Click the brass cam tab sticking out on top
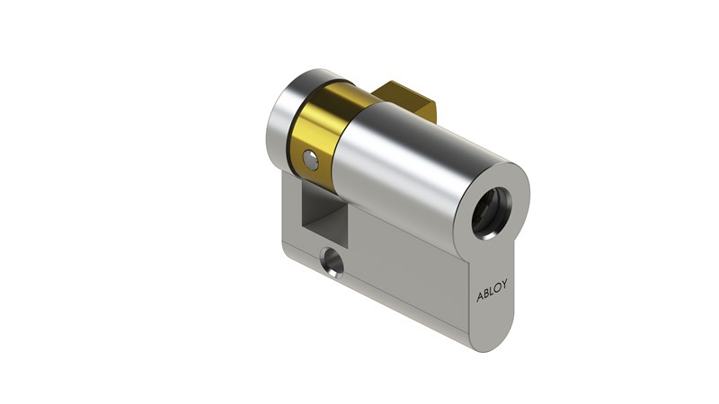pos(409,101)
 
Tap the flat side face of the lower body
pos(404,269)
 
